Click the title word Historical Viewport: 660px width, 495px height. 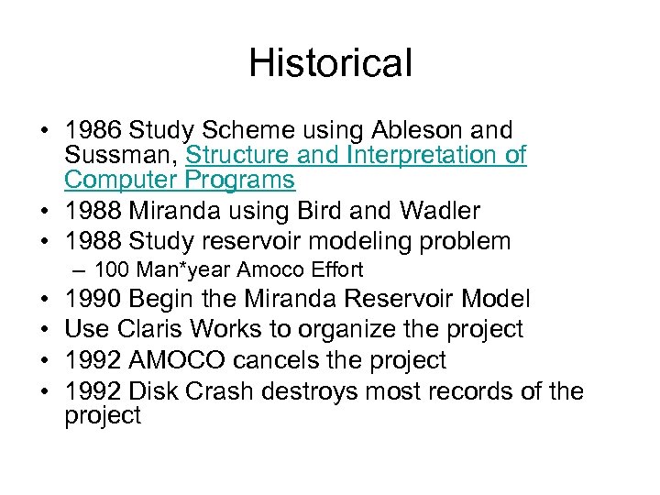(330, 63)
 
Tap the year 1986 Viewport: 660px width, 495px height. (96, 130)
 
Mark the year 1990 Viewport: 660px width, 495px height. (96, 299)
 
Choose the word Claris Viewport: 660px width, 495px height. (150, 328)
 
